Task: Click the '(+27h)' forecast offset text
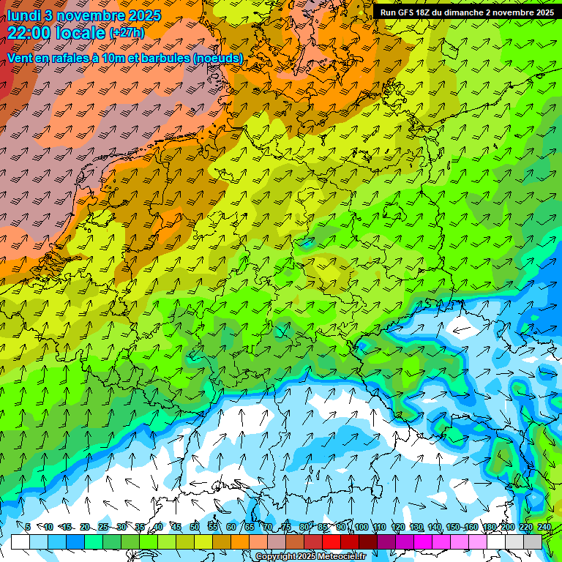point(127,33)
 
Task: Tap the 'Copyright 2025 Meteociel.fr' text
point(310,557)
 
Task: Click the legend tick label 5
point(28,527)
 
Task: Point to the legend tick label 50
point(195,527)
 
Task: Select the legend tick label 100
point(361,527)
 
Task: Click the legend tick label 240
point(544,527)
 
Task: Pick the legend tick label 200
point(508,527)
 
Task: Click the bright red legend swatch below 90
point(332,542)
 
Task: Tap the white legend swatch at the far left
point(20,542)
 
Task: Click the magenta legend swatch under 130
point(406,542)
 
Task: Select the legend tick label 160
point(471,527)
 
